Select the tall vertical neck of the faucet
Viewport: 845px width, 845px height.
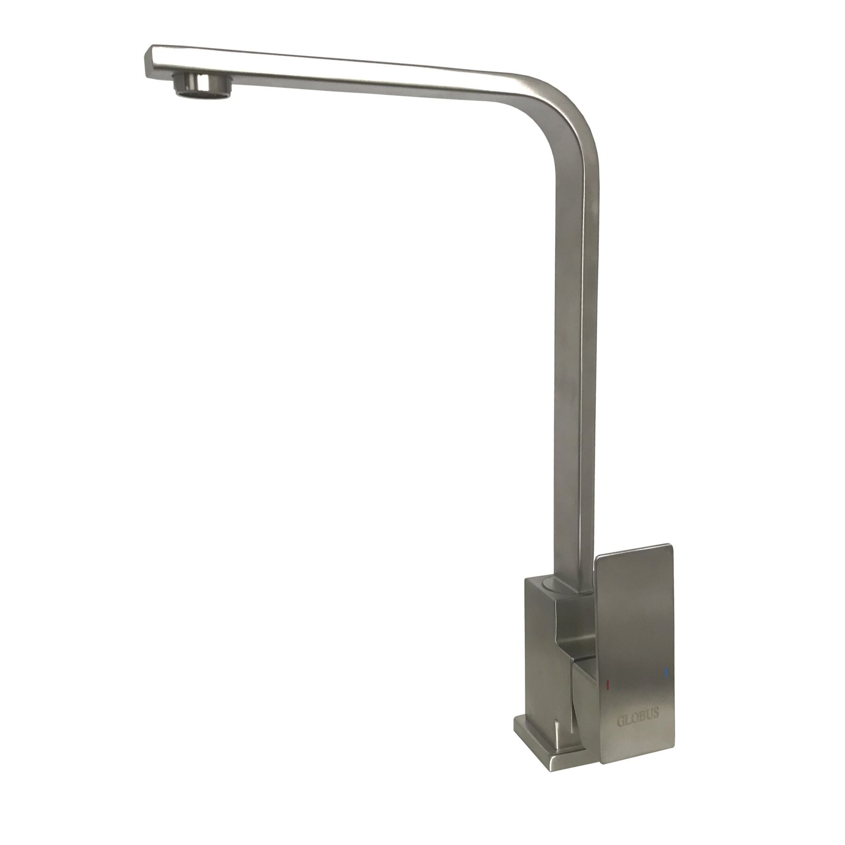pos(575,376)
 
